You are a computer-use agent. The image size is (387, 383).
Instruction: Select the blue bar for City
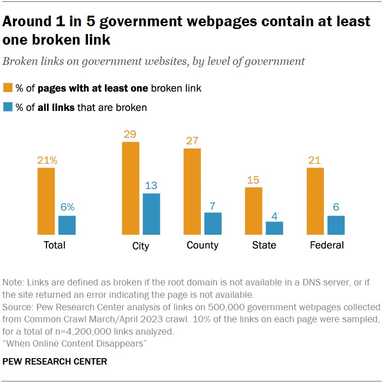[152, 214]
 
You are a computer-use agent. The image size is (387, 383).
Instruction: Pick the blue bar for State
[275, 228]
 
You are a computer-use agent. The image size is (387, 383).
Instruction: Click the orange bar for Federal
[315, 201]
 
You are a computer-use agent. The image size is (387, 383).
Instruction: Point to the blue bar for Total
[67, 225]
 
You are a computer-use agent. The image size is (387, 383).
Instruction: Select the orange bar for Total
[46, 201]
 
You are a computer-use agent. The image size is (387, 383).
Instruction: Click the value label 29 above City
[130, 134]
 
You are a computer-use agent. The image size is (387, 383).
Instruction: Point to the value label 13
[152, 186]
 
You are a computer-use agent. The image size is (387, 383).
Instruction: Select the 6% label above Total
[67, 208]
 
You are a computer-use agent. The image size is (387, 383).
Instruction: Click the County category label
[202, 245]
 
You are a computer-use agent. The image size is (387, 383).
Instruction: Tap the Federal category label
[327, 245]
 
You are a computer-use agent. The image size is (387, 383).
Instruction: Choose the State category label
[264, 245]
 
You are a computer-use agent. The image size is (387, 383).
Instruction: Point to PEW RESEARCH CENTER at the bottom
[55, 361]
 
